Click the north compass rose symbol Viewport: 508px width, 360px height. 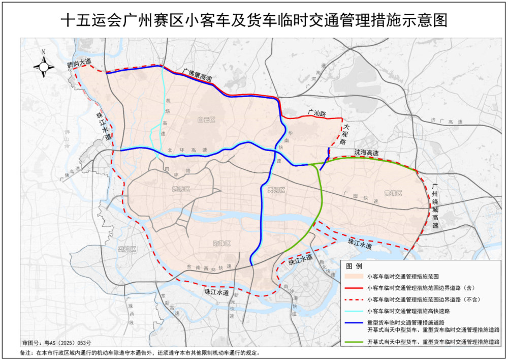coord(44,66)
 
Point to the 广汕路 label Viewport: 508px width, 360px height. coord(316,111)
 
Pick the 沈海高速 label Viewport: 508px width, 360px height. coord(366,153)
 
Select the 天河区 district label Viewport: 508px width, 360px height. coord(277,190)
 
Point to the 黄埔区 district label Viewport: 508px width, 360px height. coord(393,193)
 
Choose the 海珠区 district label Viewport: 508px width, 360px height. coord(221,244)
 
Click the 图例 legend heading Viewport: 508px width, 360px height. coord(354,266)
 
